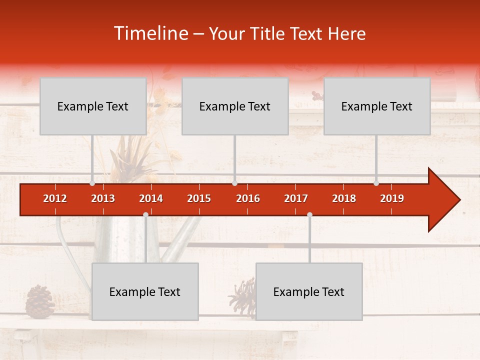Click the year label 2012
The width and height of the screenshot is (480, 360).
[55, 198]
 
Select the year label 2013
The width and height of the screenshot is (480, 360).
[103, 198]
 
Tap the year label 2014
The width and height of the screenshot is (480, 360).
[151, 198]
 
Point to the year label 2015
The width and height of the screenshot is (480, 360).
[199, 198]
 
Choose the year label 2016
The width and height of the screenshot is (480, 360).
[248, 198]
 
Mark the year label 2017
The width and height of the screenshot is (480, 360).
[296, 198]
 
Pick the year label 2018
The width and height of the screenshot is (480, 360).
[344, 198]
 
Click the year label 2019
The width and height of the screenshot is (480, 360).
[392, 198]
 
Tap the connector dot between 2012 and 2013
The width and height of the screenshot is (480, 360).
[92, 183]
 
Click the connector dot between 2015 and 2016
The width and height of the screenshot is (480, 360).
[234, 183]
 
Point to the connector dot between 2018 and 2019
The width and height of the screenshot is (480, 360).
[376, 183]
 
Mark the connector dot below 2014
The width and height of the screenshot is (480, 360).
[145, 214]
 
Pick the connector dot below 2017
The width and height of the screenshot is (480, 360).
[309, 214]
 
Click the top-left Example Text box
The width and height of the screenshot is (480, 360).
[93, 106]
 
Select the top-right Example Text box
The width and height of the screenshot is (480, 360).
[377, 106]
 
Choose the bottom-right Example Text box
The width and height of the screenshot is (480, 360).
[309, 292]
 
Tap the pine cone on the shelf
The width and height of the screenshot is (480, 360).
[40, 301]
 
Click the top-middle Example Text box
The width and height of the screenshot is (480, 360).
[235, 106]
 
